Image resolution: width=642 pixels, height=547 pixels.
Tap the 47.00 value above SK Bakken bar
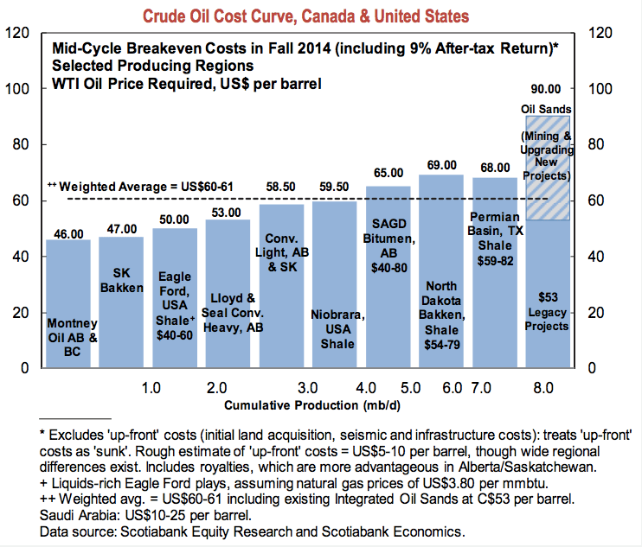121,230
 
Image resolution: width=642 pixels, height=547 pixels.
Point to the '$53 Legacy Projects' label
546,310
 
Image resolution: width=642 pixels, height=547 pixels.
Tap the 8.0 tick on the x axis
544,387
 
